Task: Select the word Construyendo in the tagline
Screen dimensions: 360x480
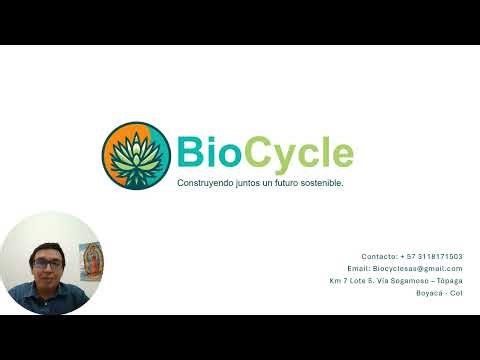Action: point(205,184)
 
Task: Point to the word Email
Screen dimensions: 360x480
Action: point(358,268)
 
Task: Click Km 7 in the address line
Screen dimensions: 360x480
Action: point(338,281)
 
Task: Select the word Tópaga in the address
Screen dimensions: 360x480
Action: point(449,281)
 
